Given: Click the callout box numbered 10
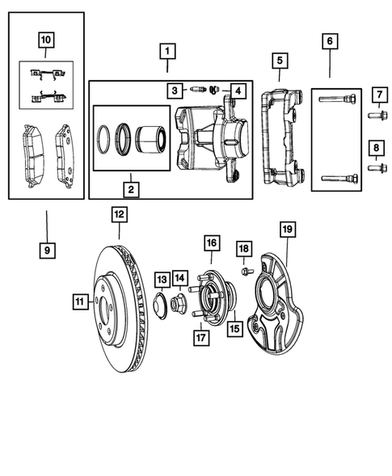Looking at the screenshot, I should coord(45,39).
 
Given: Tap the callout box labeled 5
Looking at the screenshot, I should coord(279,60).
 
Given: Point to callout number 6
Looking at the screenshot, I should coord(329,40).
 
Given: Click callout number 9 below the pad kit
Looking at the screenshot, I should coord(47,251).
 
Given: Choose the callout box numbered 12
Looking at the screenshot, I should coord(119,215).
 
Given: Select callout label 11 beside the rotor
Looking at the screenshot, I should coord(79,302).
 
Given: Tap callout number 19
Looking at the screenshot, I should coord(285,230).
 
